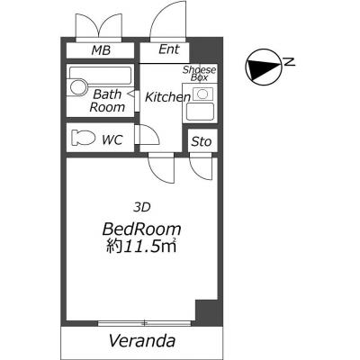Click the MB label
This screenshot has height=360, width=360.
101,50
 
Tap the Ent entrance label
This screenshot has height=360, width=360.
169,49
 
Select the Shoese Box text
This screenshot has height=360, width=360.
200,73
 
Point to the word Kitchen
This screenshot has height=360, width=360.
168,97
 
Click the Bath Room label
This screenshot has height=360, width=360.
107,101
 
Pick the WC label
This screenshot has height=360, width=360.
112,139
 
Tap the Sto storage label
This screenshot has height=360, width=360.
202,141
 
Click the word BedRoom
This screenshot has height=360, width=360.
141,229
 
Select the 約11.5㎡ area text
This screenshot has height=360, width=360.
141,247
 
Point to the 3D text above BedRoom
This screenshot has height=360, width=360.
142,207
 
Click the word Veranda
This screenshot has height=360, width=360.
142,341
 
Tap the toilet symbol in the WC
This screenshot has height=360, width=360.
83,138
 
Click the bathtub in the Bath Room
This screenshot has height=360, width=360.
101,76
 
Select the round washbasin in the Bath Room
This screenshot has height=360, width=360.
78,87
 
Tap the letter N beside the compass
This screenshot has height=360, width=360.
290,62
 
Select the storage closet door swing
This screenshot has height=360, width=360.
201,169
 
